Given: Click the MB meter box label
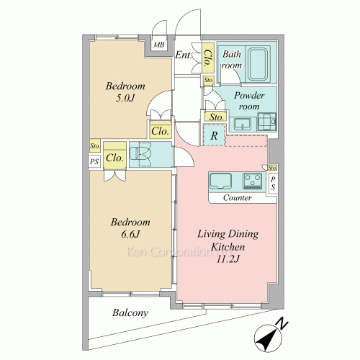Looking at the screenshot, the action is (159, 45).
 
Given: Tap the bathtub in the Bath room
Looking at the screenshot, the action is (258, 64).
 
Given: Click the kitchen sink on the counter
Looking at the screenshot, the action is (220, 181).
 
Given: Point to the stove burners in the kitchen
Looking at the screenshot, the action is (252, 181).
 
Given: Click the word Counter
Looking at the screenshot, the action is (237, 198).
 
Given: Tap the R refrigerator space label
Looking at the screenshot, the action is (214, 136).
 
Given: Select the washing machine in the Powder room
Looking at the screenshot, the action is (266, 122).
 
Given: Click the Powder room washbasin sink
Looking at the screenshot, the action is (242, 124).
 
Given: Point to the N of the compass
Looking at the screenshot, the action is (282, 323).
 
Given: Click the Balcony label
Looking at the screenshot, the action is (130, 313).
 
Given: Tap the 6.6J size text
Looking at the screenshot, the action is (130, 234).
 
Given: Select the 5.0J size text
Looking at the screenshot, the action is (125, 98).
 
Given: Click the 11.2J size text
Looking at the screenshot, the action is (228, 259).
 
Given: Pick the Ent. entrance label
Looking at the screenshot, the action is (184, 55).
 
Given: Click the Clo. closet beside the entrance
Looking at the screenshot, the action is (208, 58).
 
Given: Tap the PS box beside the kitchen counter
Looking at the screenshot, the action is (273, 184).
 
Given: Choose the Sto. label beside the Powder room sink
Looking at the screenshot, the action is (216, 117).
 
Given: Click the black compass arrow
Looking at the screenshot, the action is (266, 339).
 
